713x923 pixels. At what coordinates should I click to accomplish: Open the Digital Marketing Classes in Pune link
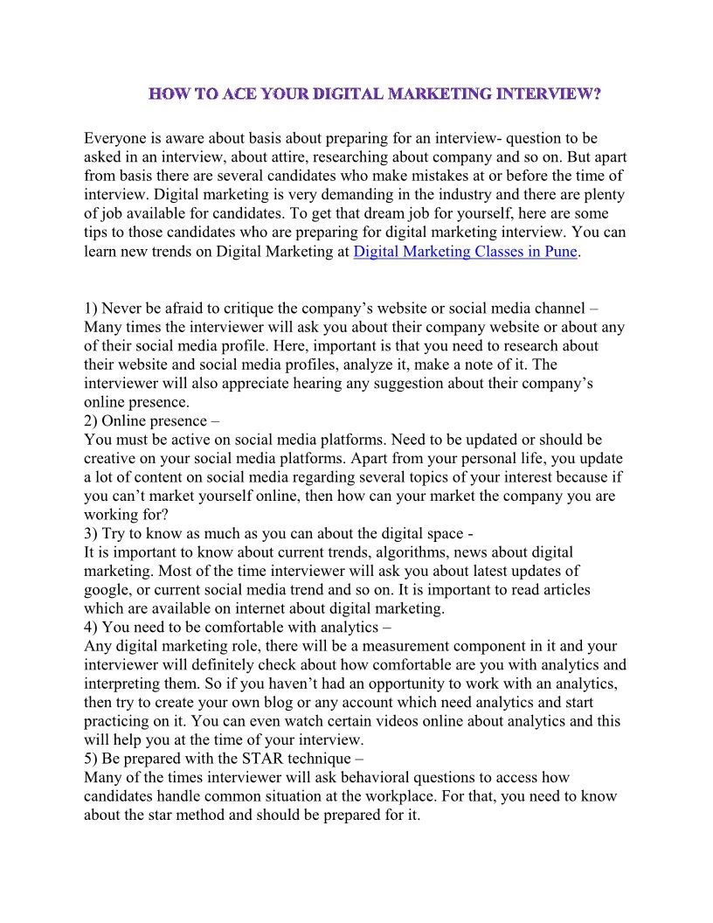(x=466, y=252)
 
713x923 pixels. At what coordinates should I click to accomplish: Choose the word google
(x=107, y=590)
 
